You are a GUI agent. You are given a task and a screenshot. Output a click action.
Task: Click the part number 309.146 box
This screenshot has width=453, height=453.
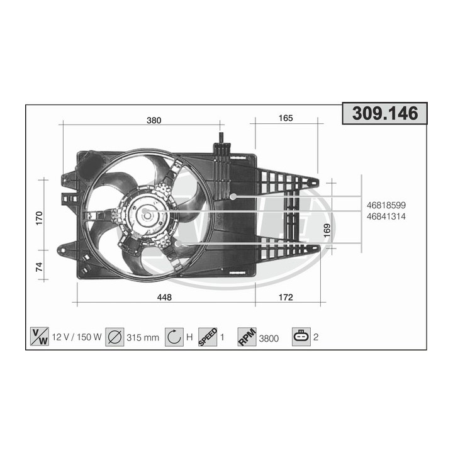coord(384,114)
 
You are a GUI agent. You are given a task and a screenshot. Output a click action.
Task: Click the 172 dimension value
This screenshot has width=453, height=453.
coord(286,298)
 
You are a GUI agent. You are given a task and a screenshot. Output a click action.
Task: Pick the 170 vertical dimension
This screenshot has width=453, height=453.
coord(39,218)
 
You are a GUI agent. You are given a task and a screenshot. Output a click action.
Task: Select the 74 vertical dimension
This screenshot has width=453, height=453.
coord(39,266)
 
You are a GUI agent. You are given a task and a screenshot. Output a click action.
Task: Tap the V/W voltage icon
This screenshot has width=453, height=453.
coord(40,337)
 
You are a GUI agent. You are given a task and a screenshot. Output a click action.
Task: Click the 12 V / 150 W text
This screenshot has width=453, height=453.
coord(77,337)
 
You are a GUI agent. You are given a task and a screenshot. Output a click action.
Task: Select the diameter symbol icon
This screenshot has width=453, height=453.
coord(114,337)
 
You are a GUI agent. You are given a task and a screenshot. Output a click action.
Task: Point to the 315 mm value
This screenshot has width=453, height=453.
coord(142,337)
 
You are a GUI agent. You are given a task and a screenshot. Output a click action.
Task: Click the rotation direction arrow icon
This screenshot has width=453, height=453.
coord(174,337)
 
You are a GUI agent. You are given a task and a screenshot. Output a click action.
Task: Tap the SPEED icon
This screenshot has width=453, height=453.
coord(208,337)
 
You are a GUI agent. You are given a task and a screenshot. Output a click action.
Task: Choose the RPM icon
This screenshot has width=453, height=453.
coord(247,337)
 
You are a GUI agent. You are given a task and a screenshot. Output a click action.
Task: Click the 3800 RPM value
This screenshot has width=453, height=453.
coord(269,337)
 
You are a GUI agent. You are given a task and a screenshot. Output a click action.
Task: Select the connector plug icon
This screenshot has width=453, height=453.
coord(301,337)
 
